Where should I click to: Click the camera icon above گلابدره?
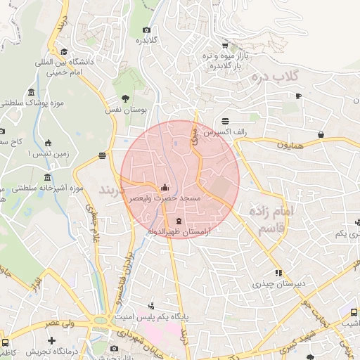pyautogui.click(x=146, y=30)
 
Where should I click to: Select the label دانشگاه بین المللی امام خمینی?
pyautogui.click(x=62, y=67)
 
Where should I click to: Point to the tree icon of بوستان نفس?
pyautogui.click(x=125, y=98)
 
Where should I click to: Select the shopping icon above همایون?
pyautogui.click(x=321, y=134)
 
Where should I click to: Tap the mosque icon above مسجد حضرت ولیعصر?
pyautogui.click(x=165, y=188)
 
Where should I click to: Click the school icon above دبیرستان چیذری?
pyautogui.click(x=278, y=273)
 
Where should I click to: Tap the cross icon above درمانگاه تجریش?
pyautogui.click(x=51, y=341)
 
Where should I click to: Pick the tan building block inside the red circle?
pyautogui.click(x=221, y=188)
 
